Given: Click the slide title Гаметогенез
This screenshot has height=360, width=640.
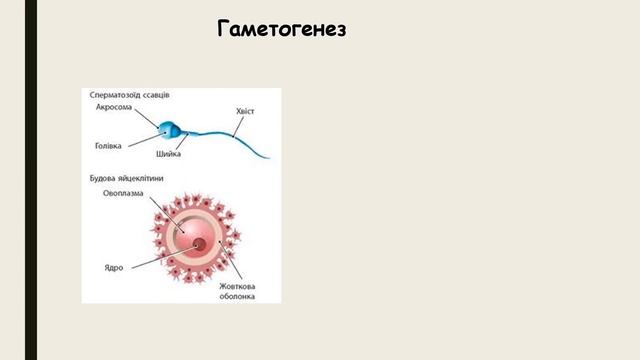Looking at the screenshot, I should [x=281, y=29].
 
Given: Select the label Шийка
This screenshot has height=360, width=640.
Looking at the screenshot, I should [x=169, y=154].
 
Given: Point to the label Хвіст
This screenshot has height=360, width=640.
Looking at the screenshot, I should [x=244, y=111].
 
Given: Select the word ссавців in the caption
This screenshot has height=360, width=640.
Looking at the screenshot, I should [x=154, y=94].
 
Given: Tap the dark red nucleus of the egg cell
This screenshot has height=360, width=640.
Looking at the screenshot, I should [x=199, y=244].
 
